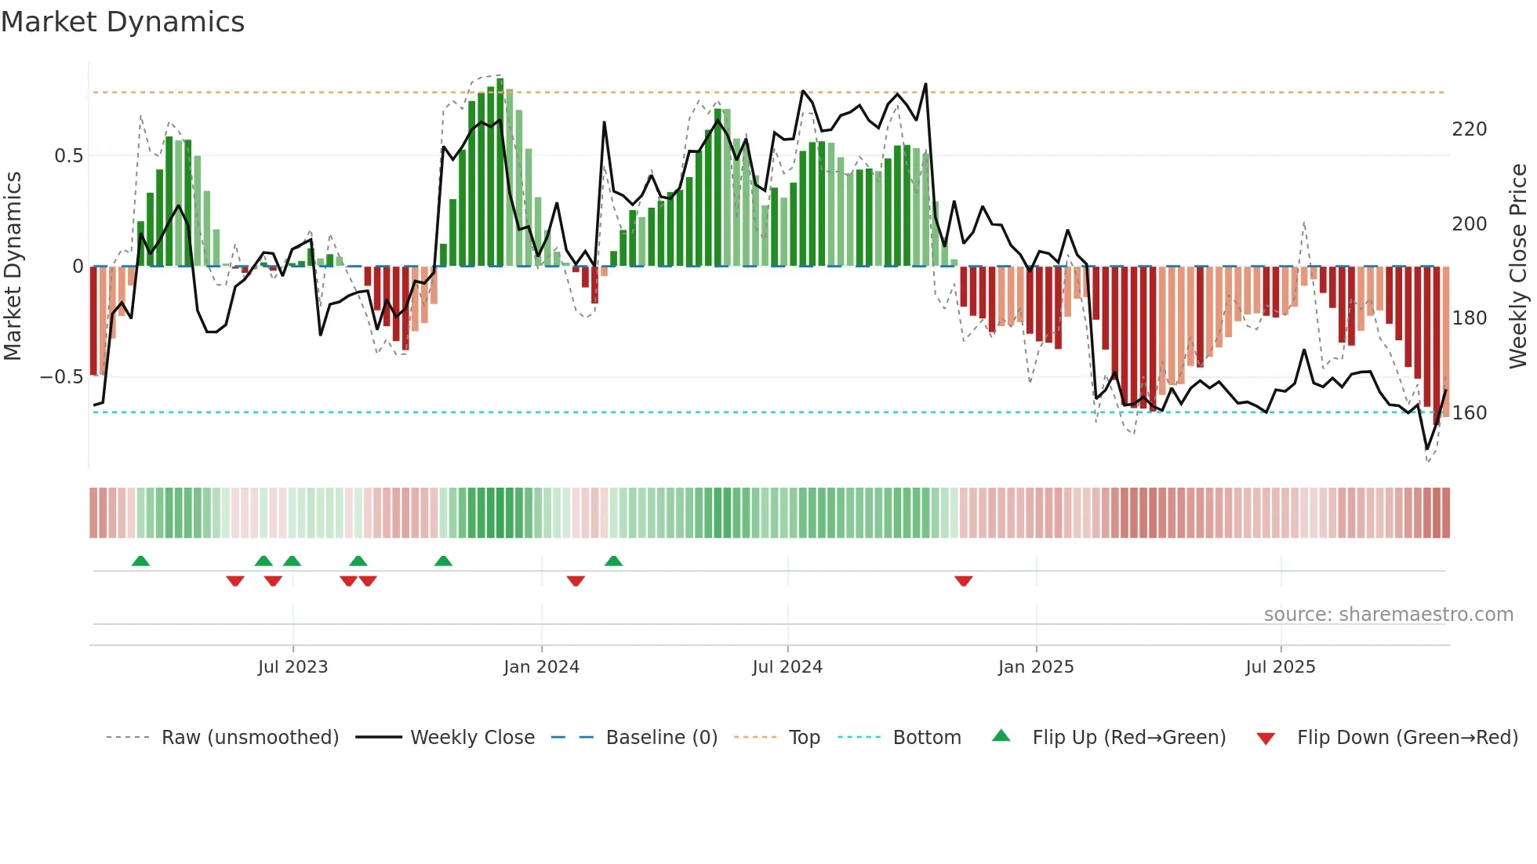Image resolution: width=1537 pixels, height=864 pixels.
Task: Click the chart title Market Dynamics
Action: click(122, 22)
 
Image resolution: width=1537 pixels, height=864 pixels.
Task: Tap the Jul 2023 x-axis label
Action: click(293, 667)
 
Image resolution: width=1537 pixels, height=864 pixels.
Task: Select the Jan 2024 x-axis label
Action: click(541, 667)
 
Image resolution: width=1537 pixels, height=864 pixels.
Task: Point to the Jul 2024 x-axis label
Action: click(787, 667)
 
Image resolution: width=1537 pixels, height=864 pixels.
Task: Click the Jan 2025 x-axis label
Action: click(1036, 667)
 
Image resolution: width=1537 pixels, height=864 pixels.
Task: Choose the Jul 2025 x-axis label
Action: click(1281, 667)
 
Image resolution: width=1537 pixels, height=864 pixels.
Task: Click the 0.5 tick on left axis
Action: click(69, 156)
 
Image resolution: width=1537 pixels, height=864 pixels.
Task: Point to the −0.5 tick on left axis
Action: click(62, 377)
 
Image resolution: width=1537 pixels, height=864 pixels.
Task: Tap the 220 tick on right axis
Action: click(1469, 129)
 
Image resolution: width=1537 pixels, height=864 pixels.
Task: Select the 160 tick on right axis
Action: click(1469, 413)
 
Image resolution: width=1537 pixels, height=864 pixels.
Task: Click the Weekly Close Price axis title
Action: click(1518, 267)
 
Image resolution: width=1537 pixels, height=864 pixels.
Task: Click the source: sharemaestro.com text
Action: click(1388, 615)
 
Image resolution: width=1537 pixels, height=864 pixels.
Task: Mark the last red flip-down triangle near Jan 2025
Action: click(964, 581)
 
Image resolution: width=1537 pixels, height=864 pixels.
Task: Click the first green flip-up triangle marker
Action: click(140, 561)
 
